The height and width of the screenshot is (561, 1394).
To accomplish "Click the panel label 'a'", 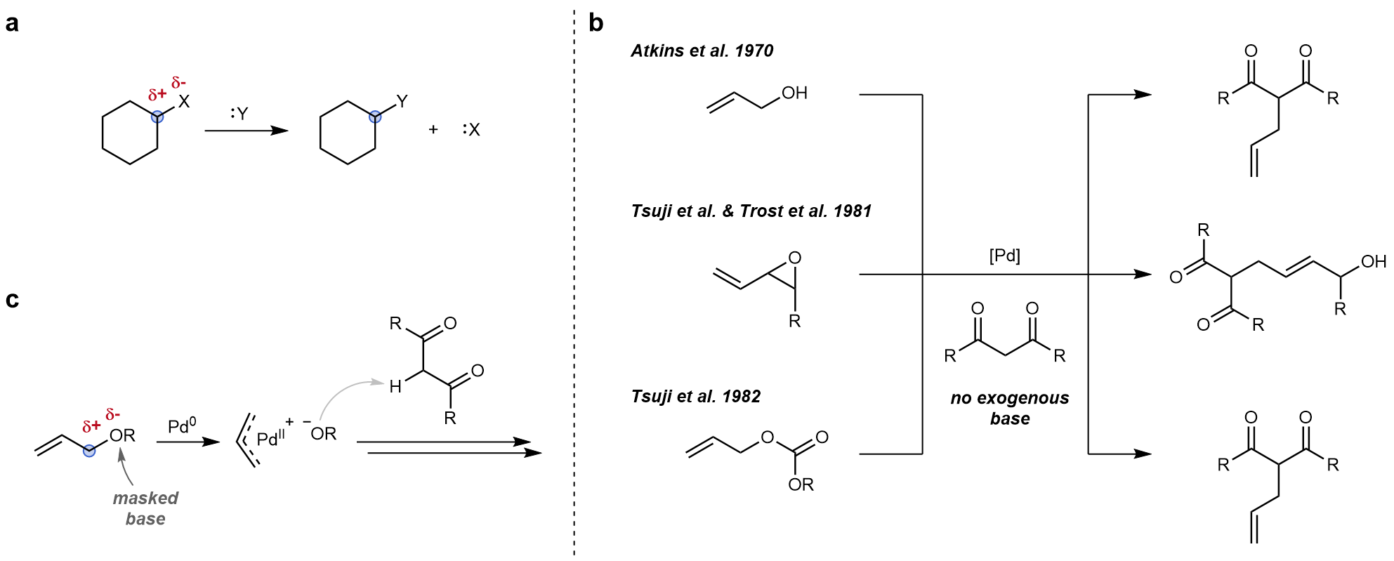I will tap(12, 25).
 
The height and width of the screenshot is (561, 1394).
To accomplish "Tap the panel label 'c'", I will tap(12, 300).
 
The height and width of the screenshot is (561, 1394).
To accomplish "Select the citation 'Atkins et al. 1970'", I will tap(702, 51).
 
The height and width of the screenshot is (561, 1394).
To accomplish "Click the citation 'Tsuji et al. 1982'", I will tap(696, 396).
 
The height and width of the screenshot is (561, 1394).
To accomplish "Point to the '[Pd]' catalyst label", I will tap(1004, 257).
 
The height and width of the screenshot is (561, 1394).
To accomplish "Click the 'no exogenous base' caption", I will tap(1010, 409).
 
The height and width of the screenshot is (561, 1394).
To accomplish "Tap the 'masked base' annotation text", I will tap(145, 508).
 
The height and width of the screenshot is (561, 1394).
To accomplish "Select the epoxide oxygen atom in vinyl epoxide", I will tap(794, 258).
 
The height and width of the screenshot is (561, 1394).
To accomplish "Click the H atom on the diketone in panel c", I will tap(395, 385).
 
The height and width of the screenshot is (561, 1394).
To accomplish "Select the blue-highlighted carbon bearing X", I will tap(159, 116).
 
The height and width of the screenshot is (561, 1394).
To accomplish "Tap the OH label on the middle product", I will tap(1373, 263).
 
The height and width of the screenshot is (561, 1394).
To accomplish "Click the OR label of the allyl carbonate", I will tap(801, 484).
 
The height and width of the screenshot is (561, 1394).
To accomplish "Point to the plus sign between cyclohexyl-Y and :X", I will tap(433, 130).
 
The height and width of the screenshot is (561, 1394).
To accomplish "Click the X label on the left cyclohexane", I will tap(183, 103).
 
